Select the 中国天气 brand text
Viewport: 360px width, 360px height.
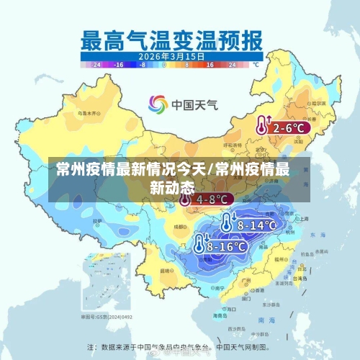[x=194, y=105]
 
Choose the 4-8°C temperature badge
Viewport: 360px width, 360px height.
[x=211, y=199]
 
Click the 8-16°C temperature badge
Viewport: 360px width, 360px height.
[x=226, y=246]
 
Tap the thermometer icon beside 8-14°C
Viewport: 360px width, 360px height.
[x=227, y=223]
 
